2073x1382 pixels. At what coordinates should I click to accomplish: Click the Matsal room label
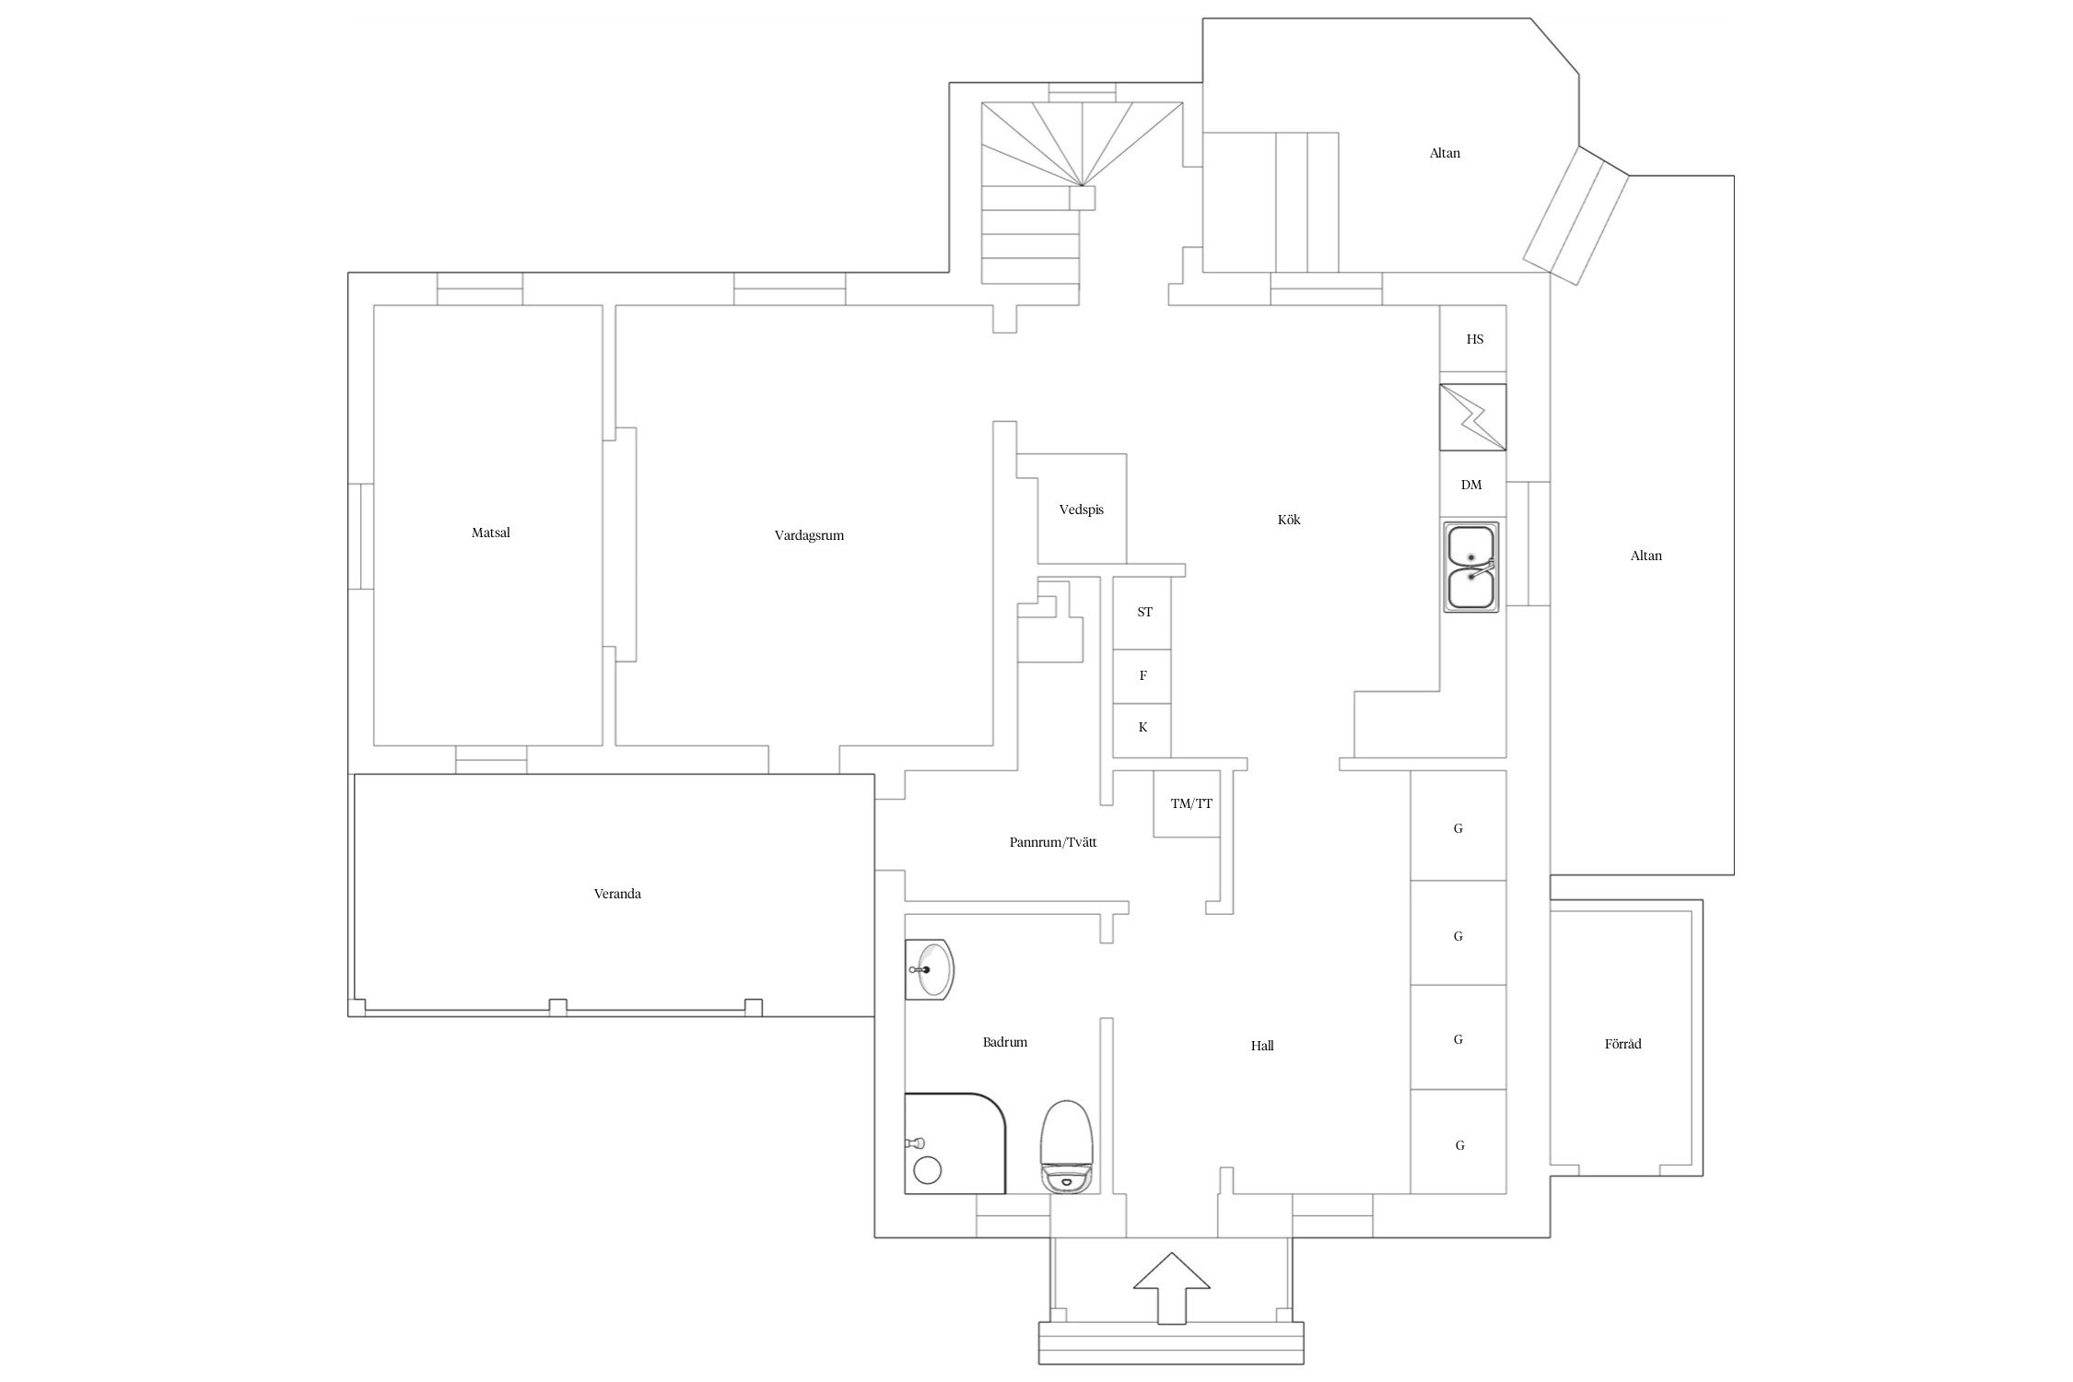(x=490, y=533)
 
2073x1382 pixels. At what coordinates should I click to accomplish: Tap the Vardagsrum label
(x=809, y=535)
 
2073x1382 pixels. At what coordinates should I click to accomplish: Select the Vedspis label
(x=1081, y=509)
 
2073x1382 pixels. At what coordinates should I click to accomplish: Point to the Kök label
(x=1289, y=520)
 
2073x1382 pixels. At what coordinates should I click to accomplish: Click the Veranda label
(x=617, y=894)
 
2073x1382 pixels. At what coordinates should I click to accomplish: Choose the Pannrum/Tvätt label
(x=1053, y=842)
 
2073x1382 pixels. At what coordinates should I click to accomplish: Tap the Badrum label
(x=1004, y=1042)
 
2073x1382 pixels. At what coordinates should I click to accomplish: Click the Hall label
(x=1262, y=1046)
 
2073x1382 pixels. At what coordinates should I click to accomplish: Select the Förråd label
(x=1622, y=1044)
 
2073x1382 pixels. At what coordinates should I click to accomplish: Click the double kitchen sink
(x=1470, y=567)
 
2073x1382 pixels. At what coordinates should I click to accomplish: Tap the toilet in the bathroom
(x=1067, y=1146)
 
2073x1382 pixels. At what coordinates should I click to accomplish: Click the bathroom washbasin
(x=929, y=969)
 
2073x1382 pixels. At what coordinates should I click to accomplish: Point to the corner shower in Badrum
(x=955, y=1143)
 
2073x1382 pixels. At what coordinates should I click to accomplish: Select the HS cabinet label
(x=1475, y=339)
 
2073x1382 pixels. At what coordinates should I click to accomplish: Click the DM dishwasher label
(x=1471, y=485)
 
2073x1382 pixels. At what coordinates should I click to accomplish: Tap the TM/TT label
(x=1191, y=803)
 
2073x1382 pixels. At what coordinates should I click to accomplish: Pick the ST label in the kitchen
(x=1144, y=612)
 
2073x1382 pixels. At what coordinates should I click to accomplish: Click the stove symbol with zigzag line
(x=1473, y=417)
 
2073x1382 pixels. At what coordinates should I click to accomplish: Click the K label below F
(x=1142, y=727)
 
